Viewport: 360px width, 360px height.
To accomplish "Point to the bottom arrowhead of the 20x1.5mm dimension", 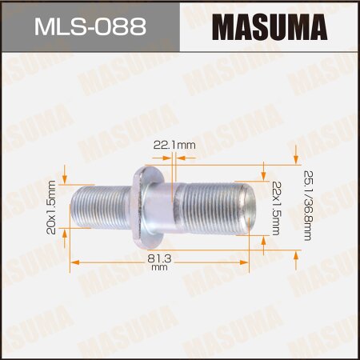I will (63, 256).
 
